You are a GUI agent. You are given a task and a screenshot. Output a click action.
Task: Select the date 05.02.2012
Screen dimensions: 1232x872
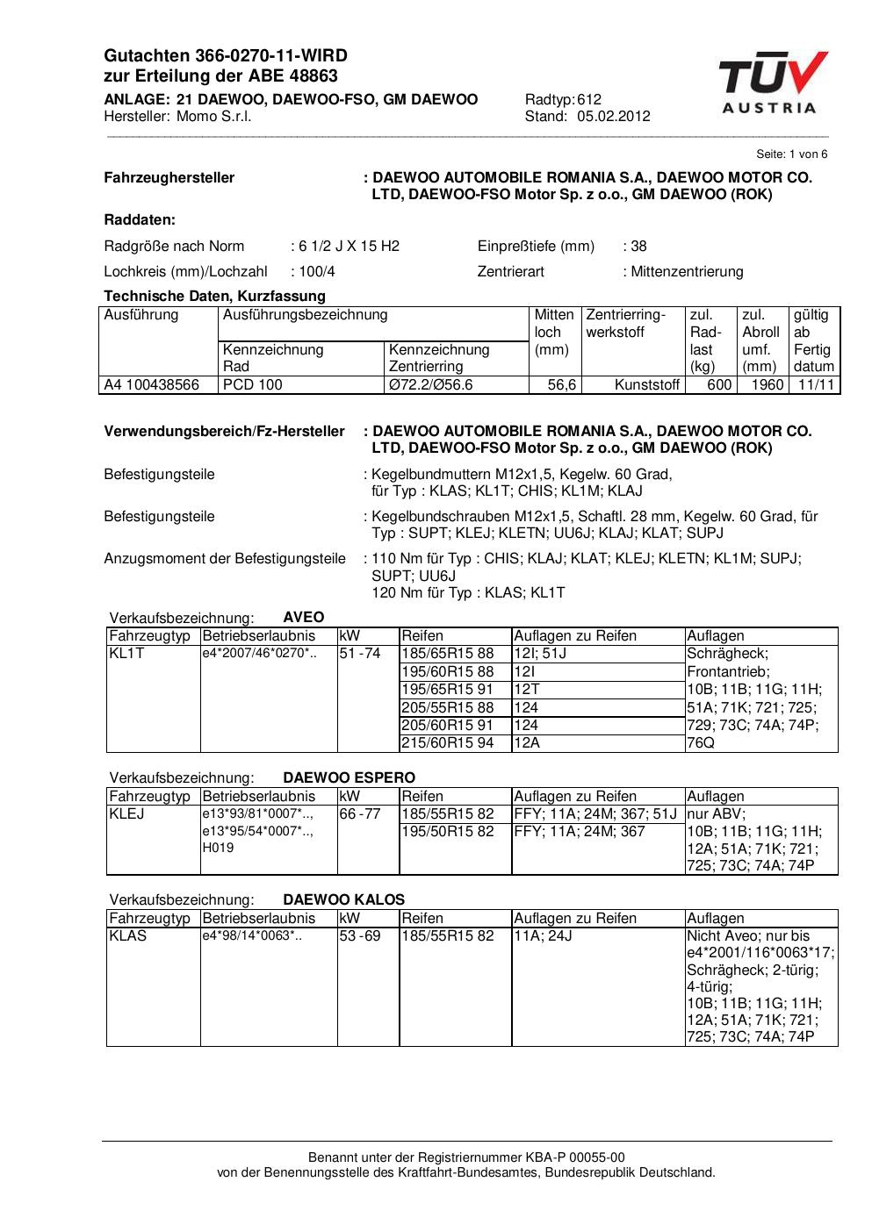coord(614,117)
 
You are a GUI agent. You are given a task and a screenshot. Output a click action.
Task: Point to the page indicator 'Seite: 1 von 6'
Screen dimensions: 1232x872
coord(791,154)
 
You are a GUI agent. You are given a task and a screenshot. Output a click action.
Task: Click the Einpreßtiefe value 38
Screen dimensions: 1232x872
coord(638,246)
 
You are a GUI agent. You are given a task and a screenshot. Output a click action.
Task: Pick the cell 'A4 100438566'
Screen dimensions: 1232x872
coord(152,384)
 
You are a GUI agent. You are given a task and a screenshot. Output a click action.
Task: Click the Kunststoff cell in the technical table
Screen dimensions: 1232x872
coord(647,384)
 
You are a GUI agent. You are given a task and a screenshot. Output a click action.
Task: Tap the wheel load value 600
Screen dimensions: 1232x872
coord(719,384)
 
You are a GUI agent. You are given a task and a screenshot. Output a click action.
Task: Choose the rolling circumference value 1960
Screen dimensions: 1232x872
coord(768,384)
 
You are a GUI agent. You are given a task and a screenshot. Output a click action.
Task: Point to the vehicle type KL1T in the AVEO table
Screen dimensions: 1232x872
coord(126,654)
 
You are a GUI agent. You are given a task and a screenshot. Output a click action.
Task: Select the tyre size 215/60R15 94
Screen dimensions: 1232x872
coord(447,743)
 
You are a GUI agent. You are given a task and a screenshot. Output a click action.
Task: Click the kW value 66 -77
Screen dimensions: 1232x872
coord(360,814)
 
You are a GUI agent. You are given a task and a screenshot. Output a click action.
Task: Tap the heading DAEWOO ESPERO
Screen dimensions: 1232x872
coord(349,777)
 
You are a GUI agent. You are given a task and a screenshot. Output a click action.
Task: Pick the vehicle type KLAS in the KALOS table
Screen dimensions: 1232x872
coord(128,936)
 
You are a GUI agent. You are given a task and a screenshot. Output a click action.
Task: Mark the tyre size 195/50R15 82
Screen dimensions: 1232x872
coord(447,832)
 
